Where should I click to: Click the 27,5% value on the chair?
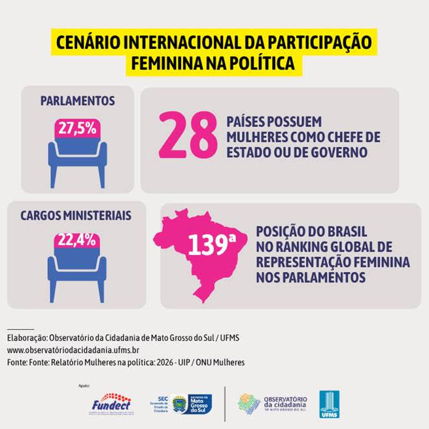point(77,128)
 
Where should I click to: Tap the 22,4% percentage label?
point(77,240)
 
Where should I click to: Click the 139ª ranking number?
point(211,245)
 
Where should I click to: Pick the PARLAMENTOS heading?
point(77,101)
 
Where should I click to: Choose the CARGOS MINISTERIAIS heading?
point(76,215)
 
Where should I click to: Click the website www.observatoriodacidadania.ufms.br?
point(69,350)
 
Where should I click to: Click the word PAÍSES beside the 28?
point(247,122)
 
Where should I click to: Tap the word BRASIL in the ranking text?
point(343,233)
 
